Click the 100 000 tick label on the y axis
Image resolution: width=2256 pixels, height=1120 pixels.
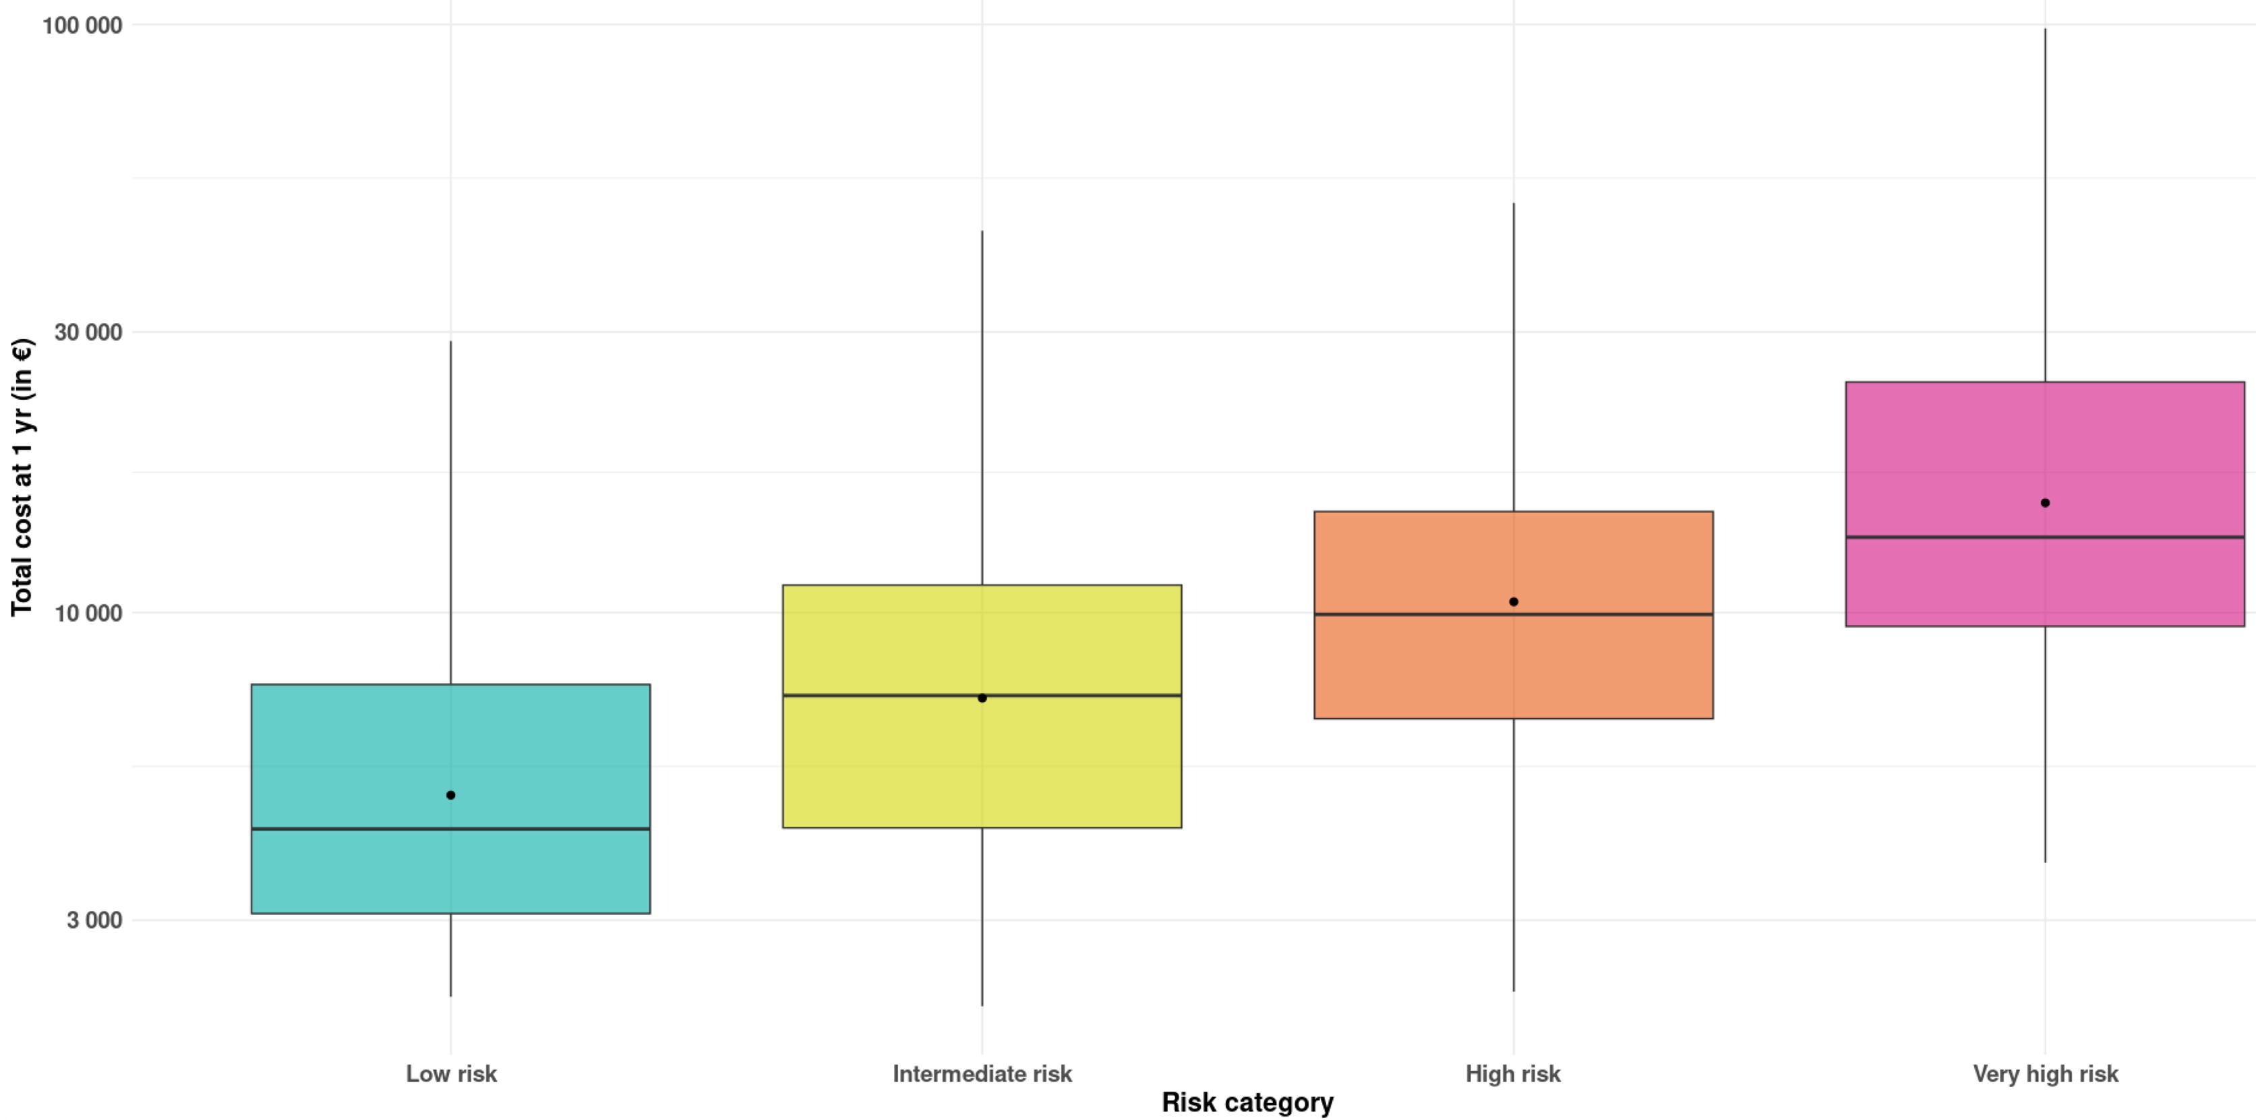coord(82,26)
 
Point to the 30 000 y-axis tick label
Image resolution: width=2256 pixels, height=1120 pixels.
coord(88,332)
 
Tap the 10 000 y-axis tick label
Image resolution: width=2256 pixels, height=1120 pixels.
coord(88,613)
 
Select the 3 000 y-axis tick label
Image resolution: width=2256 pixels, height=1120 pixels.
coord(94,920)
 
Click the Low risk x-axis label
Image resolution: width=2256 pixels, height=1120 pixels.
coord(451,1073)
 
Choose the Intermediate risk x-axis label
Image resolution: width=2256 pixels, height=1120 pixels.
coord(982,1073)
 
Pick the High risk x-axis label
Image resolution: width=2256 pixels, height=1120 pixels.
coord(1514,1074)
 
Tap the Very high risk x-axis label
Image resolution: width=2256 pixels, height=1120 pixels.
coord(2045,1074)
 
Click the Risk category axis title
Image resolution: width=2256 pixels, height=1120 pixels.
coord(1247,1102)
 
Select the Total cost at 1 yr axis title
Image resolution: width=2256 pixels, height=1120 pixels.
coord(22,477)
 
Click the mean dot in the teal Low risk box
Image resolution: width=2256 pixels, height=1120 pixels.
coord(451,795)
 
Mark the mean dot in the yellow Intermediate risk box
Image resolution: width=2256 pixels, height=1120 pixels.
coord(982,698)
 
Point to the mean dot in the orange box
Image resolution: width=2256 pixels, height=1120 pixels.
coord(1514,601)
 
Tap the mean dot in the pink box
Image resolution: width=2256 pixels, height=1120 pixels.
coord(2045,502)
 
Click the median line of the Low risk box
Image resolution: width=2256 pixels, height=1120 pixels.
coord(451,829)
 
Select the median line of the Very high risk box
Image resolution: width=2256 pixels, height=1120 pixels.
coord(2045,537)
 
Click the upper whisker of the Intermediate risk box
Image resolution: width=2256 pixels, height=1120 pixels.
coord(982,408)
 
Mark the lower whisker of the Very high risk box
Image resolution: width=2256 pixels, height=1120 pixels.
coord(2045,744)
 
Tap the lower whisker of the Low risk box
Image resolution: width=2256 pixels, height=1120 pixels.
coord(451,955)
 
